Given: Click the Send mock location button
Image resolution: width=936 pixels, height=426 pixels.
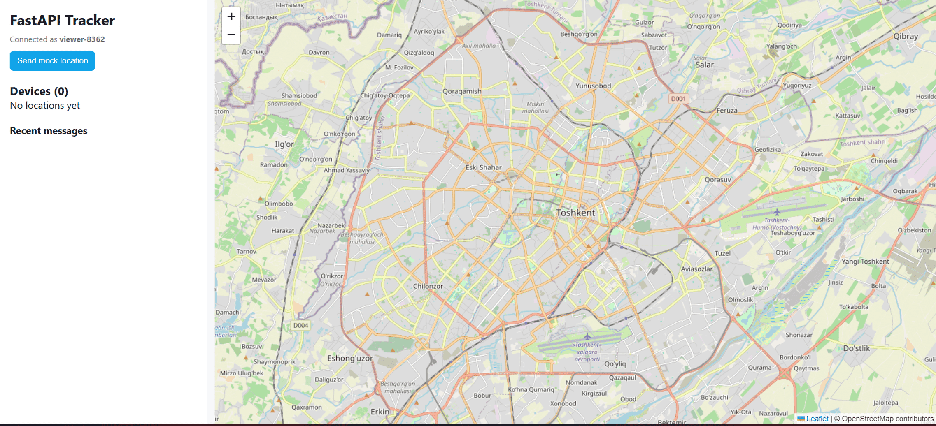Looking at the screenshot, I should [x=52, y=61].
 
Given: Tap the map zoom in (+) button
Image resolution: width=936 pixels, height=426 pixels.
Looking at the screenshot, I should [x=231, y=16].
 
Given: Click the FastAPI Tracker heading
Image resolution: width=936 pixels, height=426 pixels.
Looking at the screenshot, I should [x=62, y=21].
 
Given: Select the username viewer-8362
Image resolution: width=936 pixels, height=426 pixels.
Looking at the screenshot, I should [x=82, y=39].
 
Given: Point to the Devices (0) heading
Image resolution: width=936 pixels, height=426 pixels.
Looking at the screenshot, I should [x=39, y=91].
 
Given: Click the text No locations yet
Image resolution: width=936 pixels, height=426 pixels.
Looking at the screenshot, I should [x=45, y=106].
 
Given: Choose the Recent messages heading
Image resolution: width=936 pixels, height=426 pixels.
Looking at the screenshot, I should [x=49, y=131].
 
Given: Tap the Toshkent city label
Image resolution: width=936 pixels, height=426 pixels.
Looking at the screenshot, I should [x=575, y=213].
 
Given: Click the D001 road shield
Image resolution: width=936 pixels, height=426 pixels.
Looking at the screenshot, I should [x=678, y=99].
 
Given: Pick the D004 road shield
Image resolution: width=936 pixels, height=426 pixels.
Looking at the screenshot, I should [x=300, y=325].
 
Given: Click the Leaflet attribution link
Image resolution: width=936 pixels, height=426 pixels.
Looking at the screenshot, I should [x=817, y=419].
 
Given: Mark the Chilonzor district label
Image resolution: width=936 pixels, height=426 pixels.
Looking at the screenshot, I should [x=428, y=286].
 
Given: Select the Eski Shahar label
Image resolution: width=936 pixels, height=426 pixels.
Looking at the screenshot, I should [x=483, y=167].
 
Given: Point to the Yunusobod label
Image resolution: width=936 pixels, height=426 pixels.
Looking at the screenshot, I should [x=593, y=86].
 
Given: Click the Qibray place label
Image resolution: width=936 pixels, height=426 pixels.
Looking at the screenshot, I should [x=906, y=36].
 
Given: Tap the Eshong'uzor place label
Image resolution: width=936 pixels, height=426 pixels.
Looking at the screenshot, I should [x=350, y=358].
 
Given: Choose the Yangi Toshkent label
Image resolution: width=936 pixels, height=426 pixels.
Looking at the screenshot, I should [x=865, y=262].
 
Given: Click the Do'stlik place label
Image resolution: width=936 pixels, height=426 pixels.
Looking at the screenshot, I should [x=857, y=348].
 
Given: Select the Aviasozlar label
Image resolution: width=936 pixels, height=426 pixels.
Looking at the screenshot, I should [x=696, y=269].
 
